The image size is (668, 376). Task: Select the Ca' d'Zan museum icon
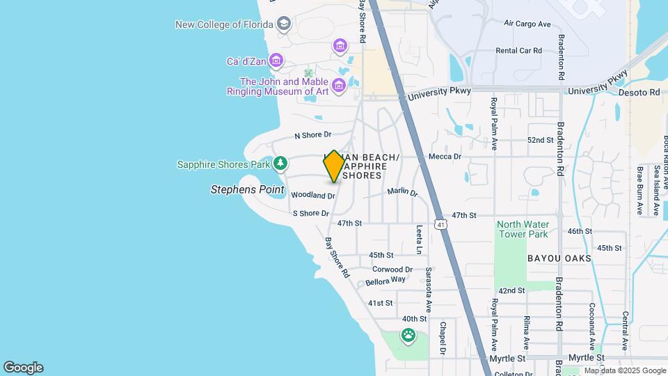point(276,61)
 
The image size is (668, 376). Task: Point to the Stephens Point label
point(248,189)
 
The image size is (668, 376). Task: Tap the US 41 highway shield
point(440,224)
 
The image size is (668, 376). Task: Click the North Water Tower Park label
point(523,229)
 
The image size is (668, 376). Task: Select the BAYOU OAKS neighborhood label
point(559,258)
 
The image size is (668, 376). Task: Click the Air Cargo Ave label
point(527,24)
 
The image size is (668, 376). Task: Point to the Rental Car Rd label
point(518,51)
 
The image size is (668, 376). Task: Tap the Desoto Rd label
point(641,92)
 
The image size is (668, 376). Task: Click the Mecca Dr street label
point(445,157)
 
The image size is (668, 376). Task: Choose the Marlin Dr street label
point(402,191)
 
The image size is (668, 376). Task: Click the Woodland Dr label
point(312,196)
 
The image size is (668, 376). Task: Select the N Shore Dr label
point(313,135)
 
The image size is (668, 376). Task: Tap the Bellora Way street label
point(385,281)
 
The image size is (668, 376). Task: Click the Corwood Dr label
point(392,269)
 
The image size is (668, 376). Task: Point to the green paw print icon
point(408,336)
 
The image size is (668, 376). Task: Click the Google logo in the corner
point(23,368)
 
